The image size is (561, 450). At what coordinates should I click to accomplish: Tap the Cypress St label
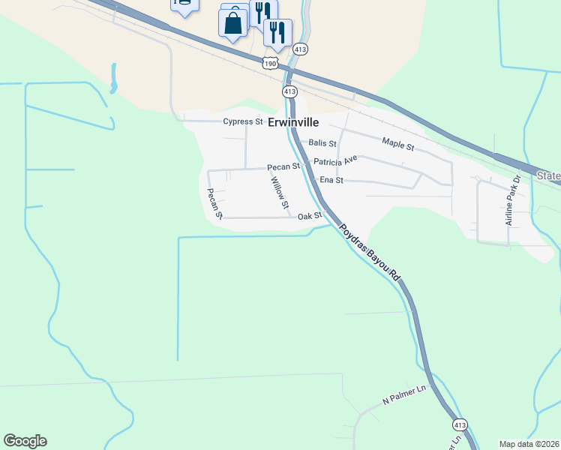tap(242, 121)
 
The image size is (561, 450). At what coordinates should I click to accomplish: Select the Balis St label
tap(322, 143)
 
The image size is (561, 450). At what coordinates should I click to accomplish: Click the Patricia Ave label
tap(335, 161)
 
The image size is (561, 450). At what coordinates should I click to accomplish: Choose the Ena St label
tap(331, 180)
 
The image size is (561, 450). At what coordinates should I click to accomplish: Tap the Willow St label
tap(280, 192)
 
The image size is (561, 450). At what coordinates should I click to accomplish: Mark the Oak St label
tap(309, 216)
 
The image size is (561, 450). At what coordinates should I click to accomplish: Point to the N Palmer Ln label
tap(403, 394)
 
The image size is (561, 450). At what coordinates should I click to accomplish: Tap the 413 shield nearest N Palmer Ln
tap(460, 424)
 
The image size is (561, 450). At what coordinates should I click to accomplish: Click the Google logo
tap(25, 441)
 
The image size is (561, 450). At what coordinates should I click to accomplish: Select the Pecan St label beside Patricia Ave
tap(283, 166)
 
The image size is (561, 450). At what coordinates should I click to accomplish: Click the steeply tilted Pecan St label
tap(215, 203)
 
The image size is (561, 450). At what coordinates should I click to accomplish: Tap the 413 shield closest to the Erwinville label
tap(290, 91)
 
